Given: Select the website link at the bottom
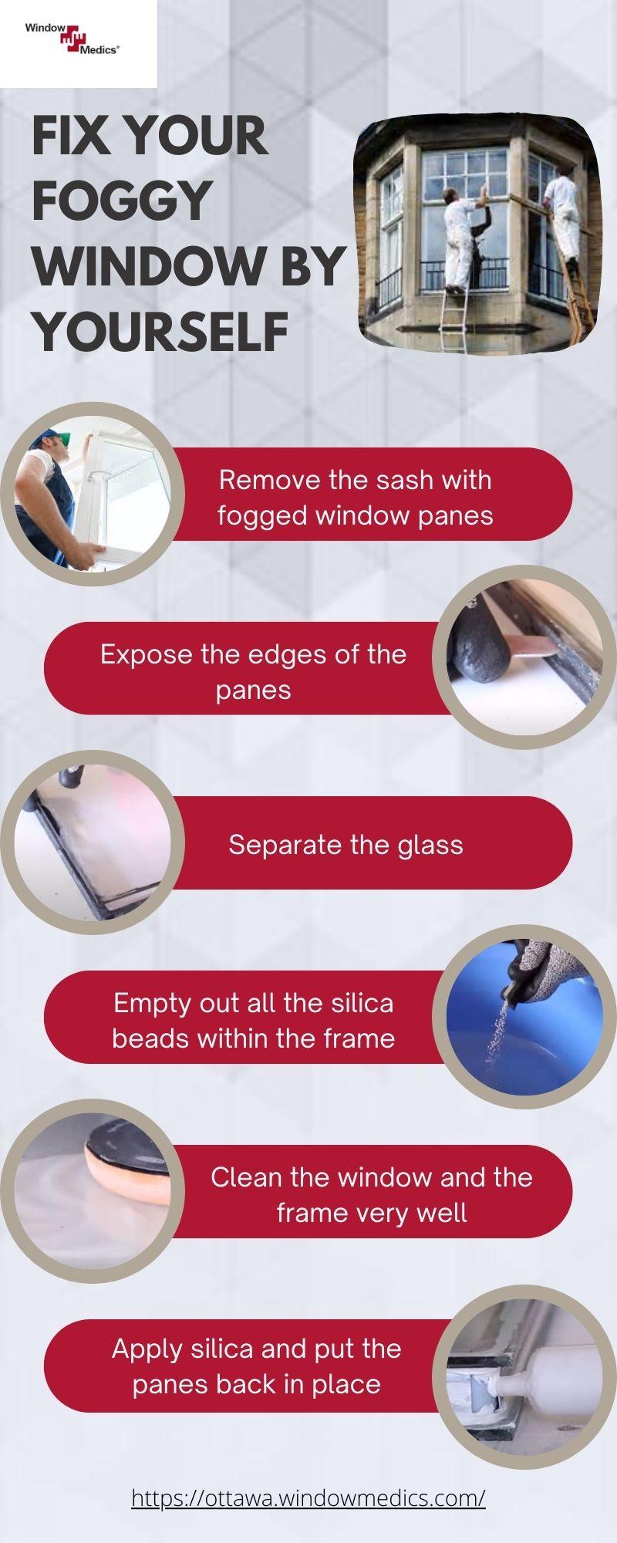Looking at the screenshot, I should pos(308,1497).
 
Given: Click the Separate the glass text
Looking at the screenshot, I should pos(346,844).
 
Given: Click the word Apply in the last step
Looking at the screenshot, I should pos(147,1349).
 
